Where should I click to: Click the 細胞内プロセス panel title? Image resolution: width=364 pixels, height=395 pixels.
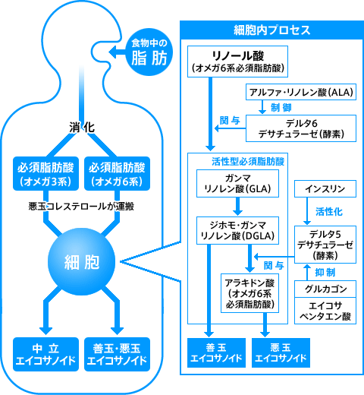[x=271, y=31]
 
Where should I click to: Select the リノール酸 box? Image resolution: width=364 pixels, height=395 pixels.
[x=237, y=62]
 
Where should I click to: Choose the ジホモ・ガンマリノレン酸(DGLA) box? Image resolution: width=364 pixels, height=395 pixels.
[x=238, y=230]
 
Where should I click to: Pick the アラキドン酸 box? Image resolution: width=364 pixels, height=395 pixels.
[x=251, y=292]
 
